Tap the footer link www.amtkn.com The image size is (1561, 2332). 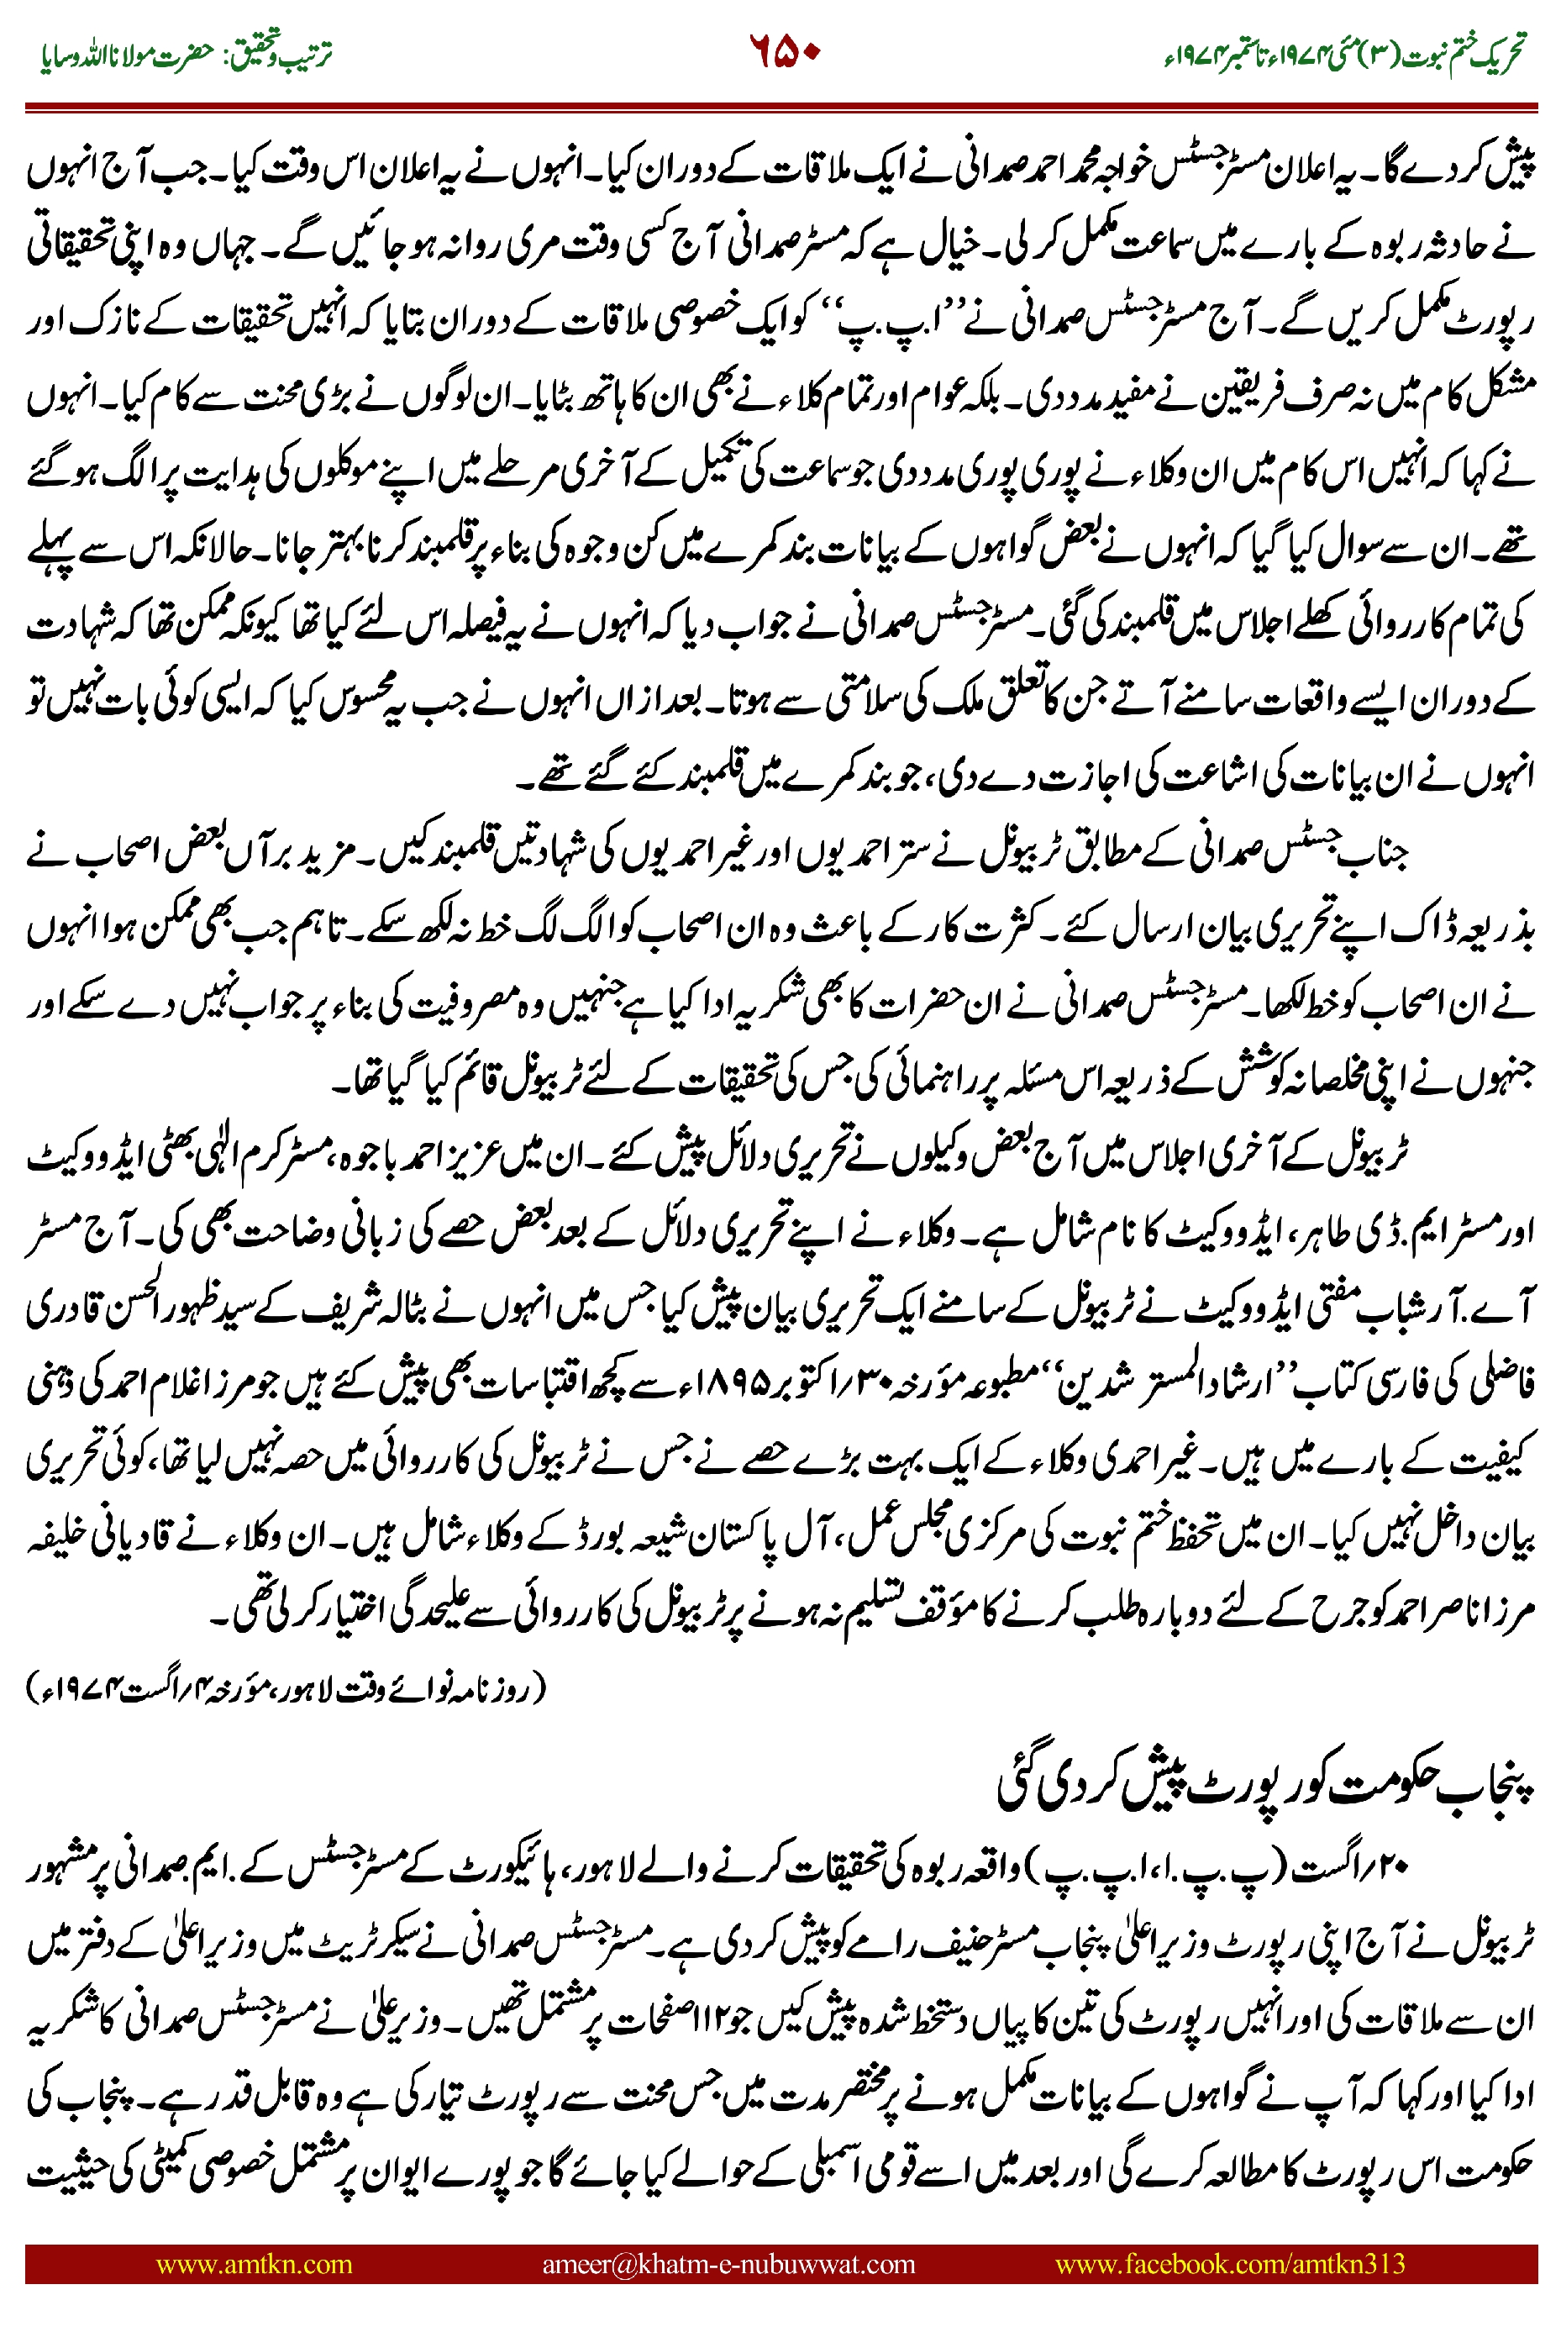[x=254, y=2263]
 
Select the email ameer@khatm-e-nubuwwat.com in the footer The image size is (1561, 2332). [x=728, y=2263]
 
